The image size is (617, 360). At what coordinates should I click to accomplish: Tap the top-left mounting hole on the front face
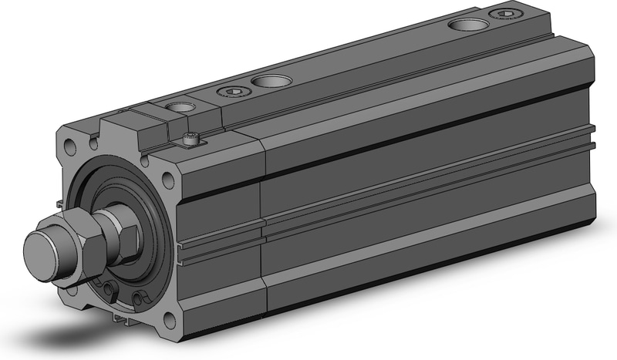71,144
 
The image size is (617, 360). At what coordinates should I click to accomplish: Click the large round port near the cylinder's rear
468,24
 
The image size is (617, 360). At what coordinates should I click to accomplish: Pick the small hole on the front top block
179,109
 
